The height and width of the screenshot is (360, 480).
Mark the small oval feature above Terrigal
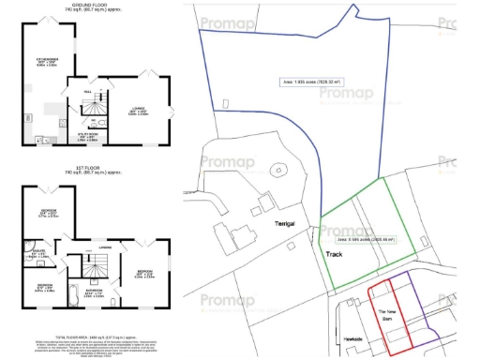click(278, 171)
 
